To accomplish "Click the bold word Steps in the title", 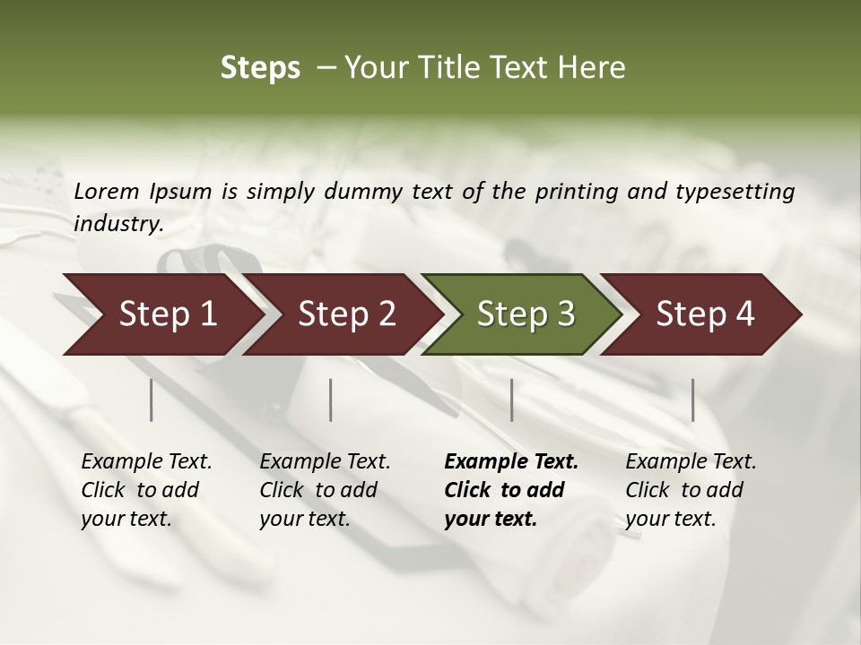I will coord(260,67).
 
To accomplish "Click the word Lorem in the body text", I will coord(107,191).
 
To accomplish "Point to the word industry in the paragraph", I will coord(117,224).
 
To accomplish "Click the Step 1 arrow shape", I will coord(161,314).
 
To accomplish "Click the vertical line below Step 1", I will coord(152,400).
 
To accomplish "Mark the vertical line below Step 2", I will coord(331,400).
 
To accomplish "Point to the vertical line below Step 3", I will coord(512,400).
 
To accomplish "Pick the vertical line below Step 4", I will coord(692,400).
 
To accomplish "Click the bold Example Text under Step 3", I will coord(511,462).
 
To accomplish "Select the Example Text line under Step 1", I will coord(146,462).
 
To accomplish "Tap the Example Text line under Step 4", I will coord(691,462).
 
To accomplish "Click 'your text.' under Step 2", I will coord(305,519).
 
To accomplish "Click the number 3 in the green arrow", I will coord(565,314).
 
